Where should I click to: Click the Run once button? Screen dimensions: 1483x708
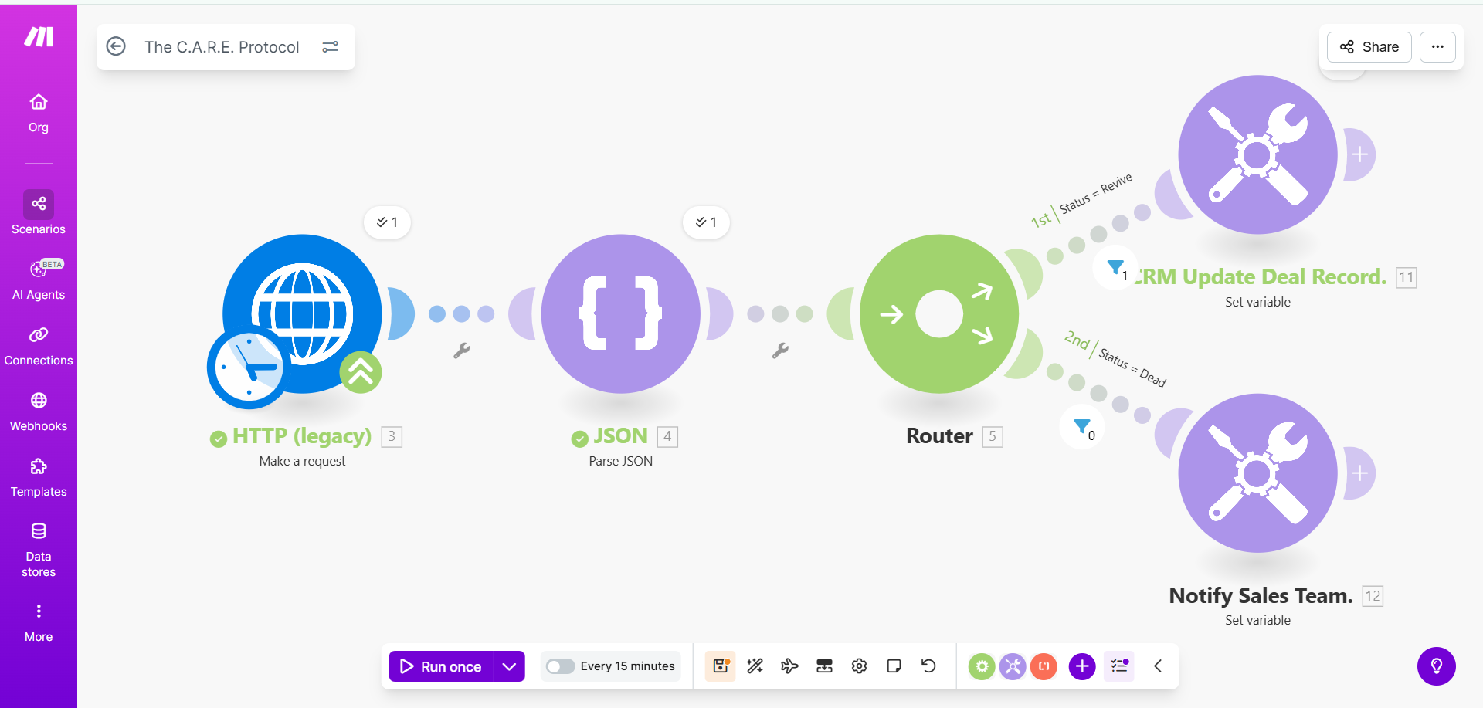pyautogui.click(x=441, y=666)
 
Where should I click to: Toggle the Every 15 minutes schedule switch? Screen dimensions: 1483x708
pyautogui.click(x=560, y=666)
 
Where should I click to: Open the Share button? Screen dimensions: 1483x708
pyautogui.click(x=1369, y=47)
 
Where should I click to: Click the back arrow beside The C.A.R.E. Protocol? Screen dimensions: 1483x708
pyautogui.click(x=116, y=46)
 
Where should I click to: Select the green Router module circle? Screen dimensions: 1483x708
pyautogui.click(x=939, y=313)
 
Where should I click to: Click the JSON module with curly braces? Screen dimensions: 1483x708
pyautogui.click(x=621, y=313)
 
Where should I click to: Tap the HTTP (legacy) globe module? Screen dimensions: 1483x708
pyautogui.click(x=303, y=313)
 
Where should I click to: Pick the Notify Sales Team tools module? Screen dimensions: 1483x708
pyautogui.click(x=1257, y=473)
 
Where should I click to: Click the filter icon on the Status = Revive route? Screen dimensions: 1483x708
pyautogui.click(x=1115, y=268)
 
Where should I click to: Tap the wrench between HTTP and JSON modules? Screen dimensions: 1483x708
pyautogui.click(x=462, y=351)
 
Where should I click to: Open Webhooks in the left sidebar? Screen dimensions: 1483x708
pyautogui.click(x=39, y=412)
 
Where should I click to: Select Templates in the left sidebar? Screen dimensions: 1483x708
pyautogui.click(x=39, y=477)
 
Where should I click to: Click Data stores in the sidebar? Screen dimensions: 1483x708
pyautogui.click(x=39, y=550)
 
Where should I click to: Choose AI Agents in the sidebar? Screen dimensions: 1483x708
pyautogui.click(x=39, y=280)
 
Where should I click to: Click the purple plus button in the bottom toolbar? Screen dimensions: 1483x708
pyautogui.click(x=1082, y=666)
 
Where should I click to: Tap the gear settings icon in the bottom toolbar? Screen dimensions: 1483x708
pyautogui.click(x=859, y=666)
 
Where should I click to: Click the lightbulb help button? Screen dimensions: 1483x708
pyautogui.click(x=1437, y=666)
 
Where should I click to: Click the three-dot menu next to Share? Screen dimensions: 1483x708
pyautogui.click(x=1437, y=47)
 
